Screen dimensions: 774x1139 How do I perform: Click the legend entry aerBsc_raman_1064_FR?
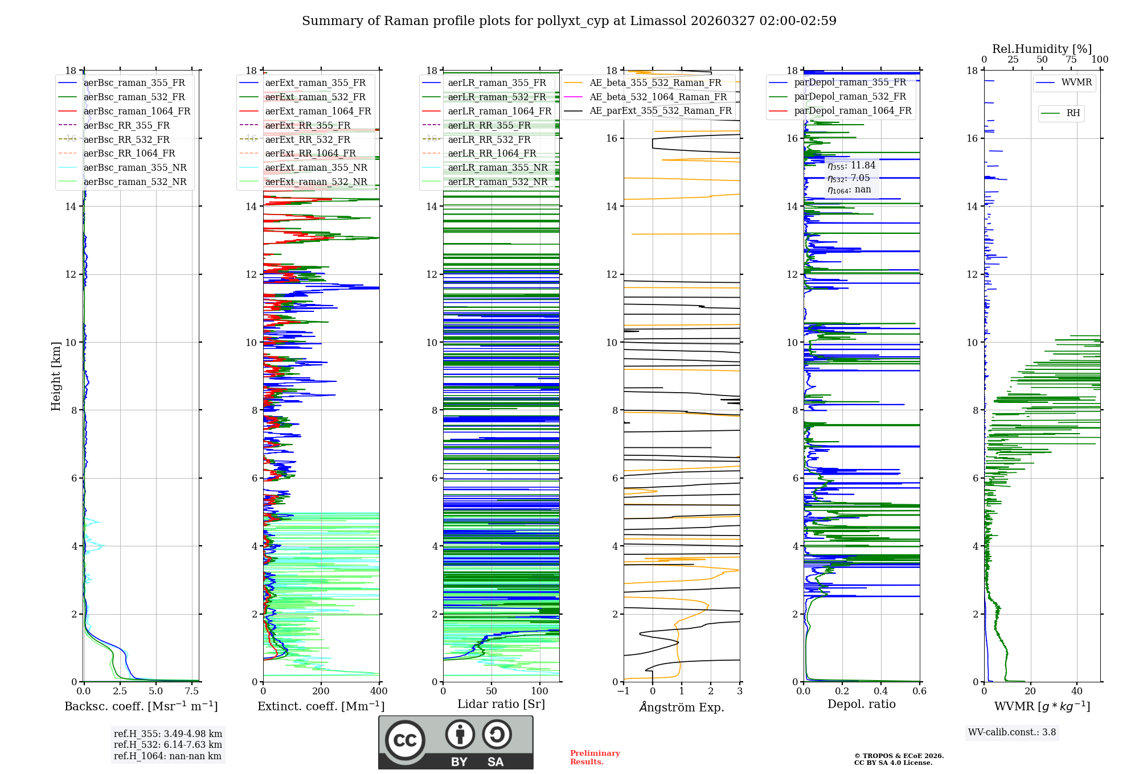(137, 112)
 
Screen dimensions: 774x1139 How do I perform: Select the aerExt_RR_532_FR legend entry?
(308, 140)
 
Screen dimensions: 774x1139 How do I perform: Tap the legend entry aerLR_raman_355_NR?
(497, 168)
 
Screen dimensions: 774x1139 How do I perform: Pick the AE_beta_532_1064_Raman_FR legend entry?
(658, 97)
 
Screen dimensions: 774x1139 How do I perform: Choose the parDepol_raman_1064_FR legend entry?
(853, 111)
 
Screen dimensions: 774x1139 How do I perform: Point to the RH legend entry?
(1073, 113)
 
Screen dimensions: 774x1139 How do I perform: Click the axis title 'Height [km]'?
(56, 376)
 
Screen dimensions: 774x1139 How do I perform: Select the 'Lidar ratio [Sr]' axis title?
(501, 705)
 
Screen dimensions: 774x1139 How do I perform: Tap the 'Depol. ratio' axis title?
(861, 705)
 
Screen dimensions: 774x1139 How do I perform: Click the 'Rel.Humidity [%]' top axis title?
(1042, 50)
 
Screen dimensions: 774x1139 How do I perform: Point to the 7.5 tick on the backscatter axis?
(192, 691)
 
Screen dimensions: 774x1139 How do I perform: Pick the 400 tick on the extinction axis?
(379, 691)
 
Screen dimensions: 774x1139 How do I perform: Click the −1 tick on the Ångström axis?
(623, 691)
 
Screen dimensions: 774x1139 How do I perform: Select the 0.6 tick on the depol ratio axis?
(920, 691)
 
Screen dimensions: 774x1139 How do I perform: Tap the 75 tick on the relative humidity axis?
(1071, 60)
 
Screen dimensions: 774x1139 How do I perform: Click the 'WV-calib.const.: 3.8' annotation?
(1011, 732)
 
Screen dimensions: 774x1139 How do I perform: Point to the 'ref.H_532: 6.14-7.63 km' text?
(168, 745)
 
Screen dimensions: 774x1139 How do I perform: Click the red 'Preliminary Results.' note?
(595, 757)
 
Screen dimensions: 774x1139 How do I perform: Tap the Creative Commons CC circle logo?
(405, 740)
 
